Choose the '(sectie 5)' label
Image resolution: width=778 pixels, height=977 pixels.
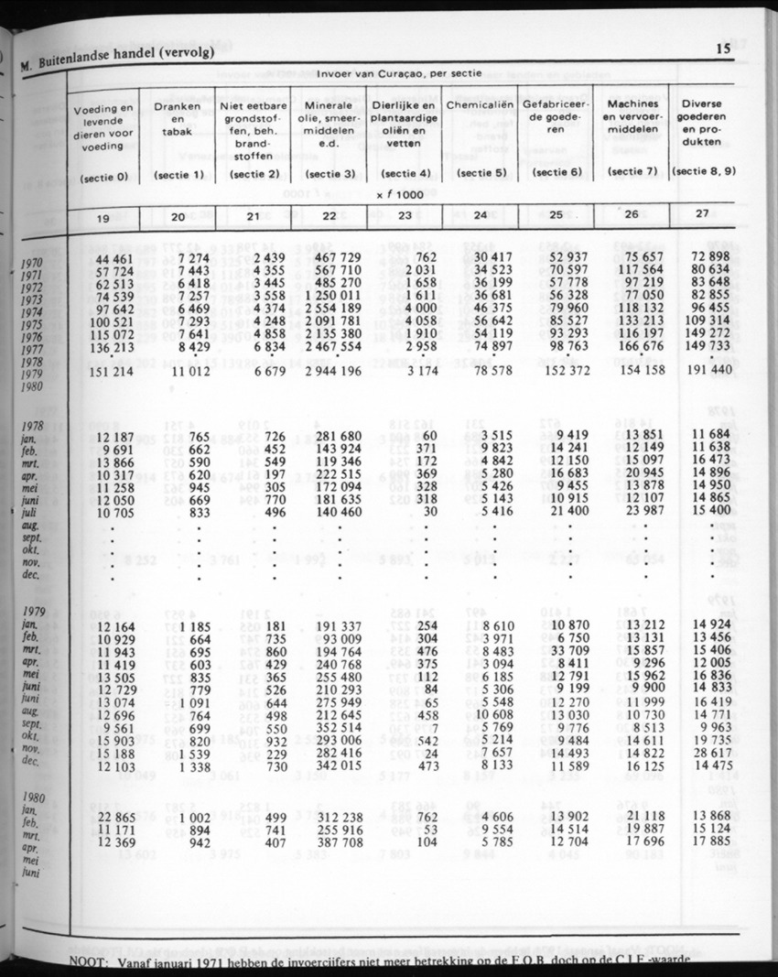tap(481, 171)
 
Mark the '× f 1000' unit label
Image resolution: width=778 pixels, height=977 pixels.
tap(404, 194)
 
